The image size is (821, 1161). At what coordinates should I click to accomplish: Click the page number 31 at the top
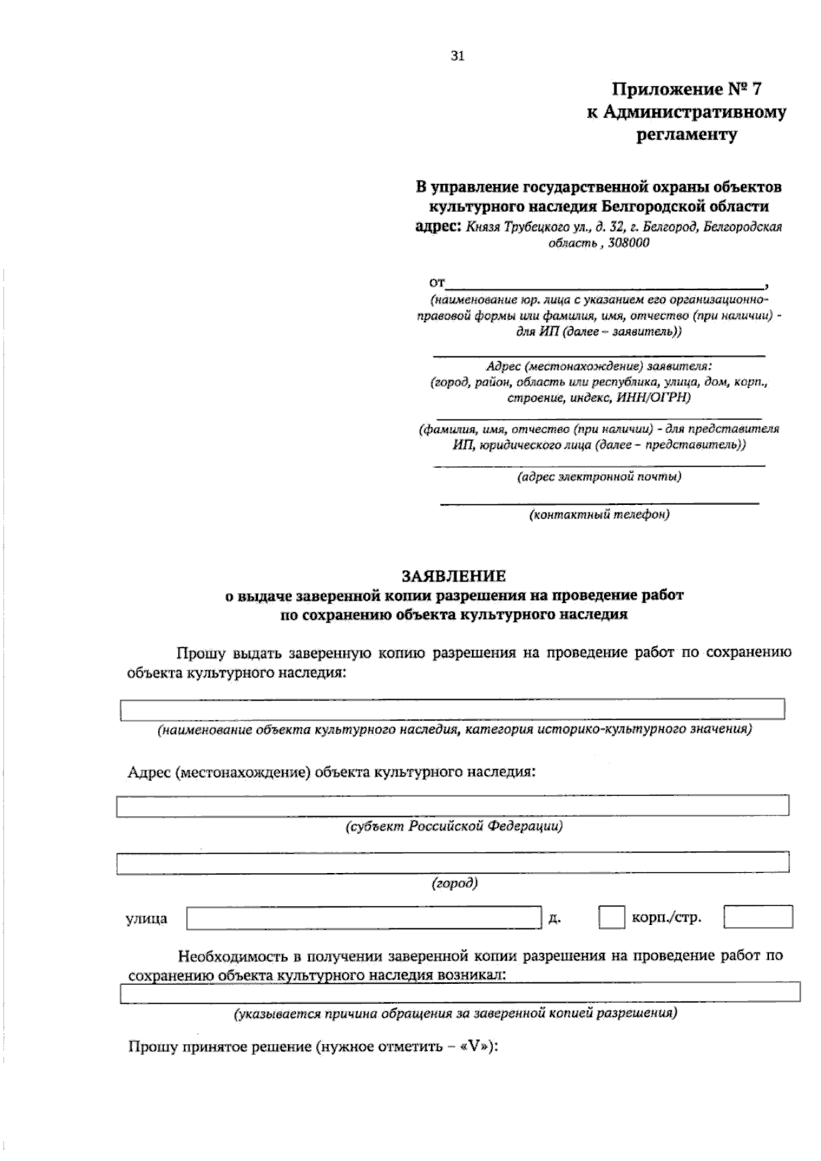(458, 57)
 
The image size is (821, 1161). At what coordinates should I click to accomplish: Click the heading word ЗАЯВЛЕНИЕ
(454, 576)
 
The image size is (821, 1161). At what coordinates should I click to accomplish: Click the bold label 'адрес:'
(439, 226)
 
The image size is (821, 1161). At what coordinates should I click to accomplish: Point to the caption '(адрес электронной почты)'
(599, 477)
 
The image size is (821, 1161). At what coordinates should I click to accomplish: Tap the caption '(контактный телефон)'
(599, 514)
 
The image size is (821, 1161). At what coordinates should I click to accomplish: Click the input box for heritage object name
(452, 709)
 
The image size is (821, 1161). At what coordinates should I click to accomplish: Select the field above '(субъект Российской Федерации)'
(452, 806)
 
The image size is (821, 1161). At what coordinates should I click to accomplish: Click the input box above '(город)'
(452, 863)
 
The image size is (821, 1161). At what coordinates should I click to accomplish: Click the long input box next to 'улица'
(363, 917)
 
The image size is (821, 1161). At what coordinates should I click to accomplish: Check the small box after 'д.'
(611, 917)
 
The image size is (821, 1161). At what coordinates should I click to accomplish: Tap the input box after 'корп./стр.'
(758, 917)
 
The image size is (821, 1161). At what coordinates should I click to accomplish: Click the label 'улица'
(146, 919)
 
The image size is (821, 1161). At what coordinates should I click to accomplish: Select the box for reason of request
(460, 993)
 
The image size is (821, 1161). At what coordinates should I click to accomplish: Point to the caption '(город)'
(454, 883)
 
